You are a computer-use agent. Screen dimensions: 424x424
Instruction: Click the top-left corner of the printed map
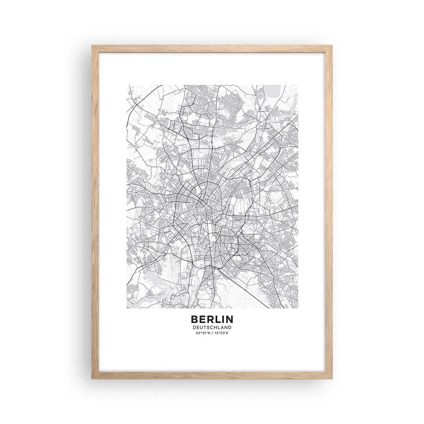128,85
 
